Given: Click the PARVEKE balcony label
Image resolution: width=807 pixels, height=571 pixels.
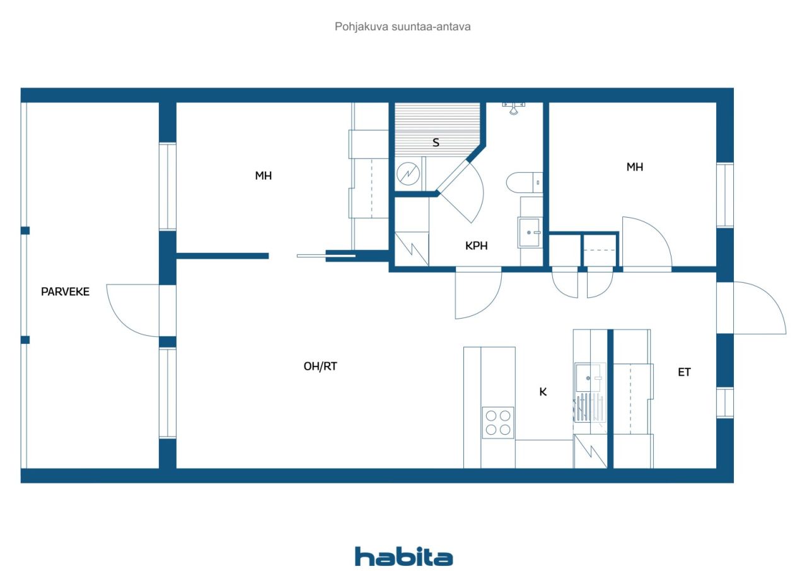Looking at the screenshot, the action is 65,291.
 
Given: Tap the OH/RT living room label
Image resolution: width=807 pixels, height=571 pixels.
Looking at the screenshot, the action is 320,366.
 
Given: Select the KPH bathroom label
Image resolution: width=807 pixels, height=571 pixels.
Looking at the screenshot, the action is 476,246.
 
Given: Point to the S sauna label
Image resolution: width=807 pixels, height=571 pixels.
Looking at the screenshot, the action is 436,143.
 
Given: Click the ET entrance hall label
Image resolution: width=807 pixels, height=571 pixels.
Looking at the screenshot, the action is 684,372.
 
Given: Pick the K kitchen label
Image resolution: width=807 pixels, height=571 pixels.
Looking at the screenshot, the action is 543,392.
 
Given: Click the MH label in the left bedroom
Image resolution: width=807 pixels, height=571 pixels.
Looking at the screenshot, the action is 264,175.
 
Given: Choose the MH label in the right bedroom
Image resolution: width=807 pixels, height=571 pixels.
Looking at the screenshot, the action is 634,167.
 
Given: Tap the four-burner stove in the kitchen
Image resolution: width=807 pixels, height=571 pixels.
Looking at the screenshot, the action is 498,423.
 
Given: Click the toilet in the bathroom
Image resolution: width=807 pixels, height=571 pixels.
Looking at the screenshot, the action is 524,183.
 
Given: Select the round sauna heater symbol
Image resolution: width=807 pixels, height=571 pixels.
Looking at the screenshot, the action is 408,174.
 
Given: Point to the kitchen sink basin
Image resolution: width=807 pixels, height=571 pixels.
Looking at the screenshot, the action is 588,377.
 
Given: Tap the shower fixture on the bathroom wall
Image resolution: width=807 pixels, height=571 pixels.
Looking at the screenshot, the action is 514,108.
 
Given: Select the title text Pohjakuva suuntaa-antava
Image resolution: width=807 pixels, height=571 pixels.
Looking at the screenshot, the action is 402,26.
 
